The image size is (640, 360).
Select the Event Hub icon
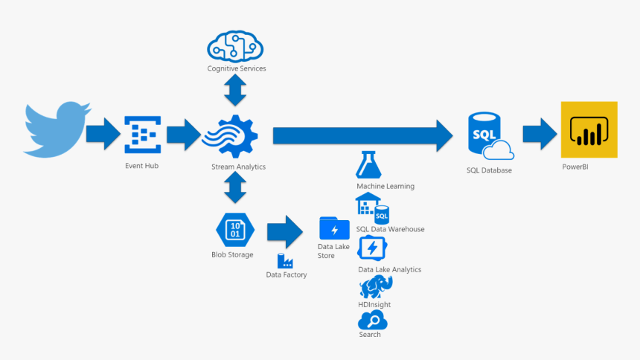141,135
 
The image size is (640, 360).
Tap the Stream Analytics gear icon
233,135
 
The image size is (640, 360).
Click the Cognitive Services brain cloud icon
236,47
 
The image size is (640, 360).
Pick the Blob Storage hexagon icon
235,229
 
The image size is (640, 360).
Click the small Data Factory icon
285,260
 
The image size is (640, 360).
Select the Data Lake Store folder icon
334,228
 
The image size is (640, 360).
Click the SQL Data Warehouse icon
373,209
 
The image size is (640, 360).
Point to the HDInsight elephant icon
374,286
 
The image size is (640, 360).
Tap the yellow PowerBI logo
589,129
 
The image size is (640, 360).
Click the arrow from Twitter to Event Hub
102,135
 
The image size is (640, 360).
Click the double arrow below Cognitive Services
236,91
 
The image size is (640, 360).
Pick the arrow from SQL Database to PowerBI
540,135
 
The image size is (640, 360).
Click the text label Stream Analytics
236,167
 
